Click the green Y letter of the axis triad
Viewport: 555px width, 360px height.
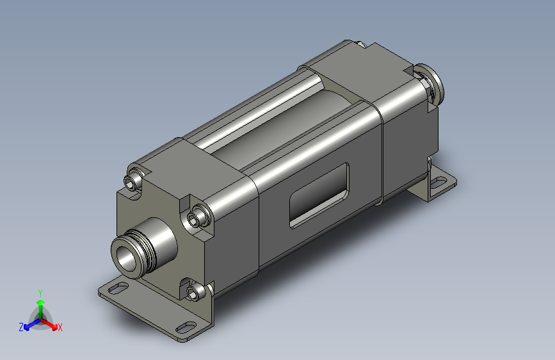[x=40, y=291]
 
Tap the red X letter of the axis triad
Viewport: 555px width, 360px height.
[x=60, y=327]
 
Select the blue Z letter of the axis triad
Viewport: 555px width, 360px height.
[x=21, y=327]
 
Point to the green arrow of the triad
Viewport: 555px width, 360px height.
[x=40, y=305]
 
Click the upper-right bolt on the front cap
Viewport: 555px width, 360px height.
[x=197, y=218]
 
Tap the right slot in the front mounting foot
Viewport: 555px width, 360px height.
[x=184, y=327]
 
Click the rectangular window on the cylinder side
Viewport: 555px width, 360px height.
[x=319, y=195]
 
